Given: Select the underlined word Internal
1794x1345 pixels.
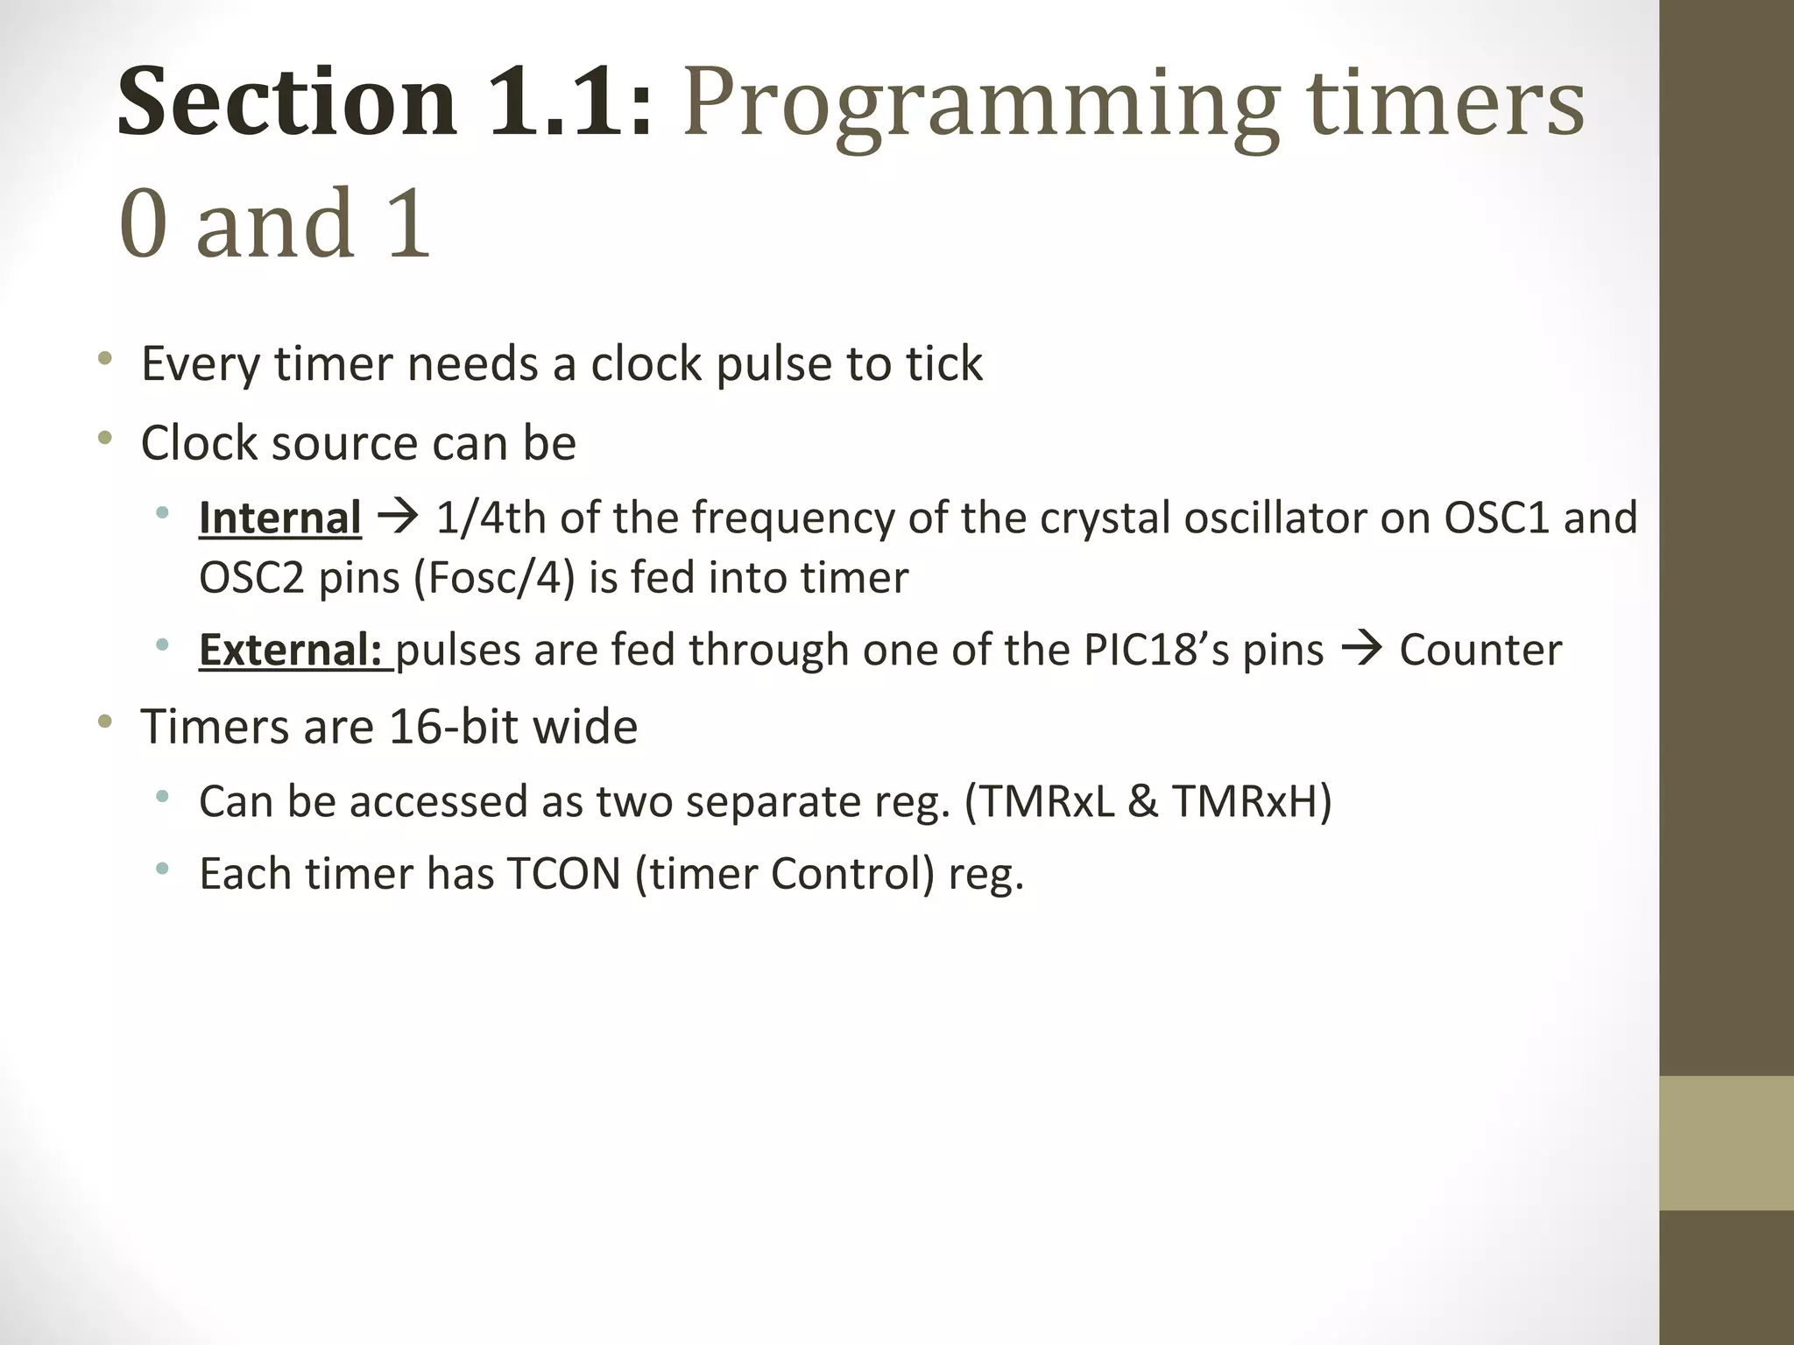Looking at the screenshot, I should click(x=279, y=518).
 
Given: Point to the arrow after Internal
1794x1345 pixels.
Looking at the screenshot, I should click(x=399, y=518).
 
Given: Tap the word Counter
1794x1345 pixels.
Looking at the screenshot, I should click(x=1480, y=650).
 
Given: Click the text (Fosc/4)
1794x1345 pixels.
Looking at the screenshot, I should click(x=493, y=578).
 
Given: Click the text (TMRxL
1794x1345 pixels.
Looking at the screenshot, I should click(x=1039, y=801).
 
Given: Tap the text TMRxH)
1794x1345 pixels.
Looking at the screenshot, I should click(x=1251, y=801).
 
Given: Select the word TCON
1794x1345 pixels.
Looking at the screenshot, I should click(x=563, y=874).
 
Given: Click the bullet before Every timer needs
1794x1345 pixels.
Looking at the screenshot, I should click(x=105, y=358).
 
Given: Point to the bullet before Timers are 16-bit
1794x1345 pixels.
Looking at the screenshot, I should click(x=105, y=722).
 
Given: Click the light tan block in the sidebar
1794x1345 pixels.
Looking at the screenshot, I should click(x=1726, y=1143).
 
